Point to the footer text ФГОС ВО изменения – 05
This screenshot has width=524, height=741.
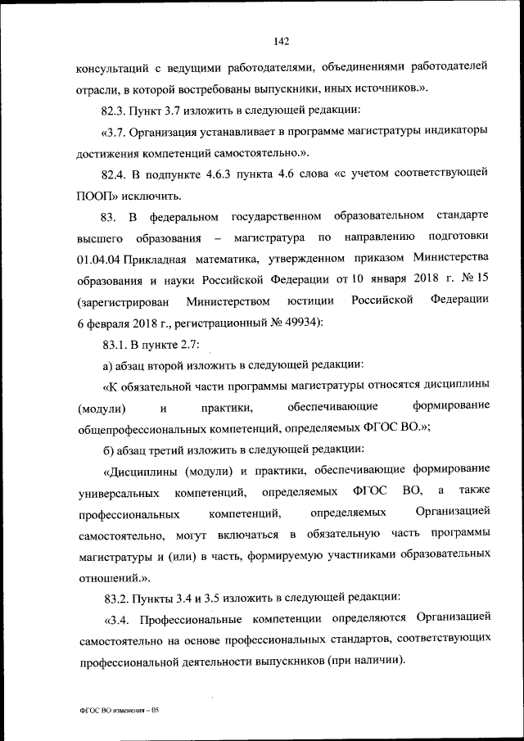pos(118,712)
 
